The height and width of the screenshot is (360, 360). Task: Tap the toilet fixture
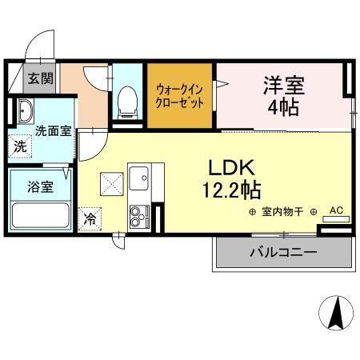point(126,100)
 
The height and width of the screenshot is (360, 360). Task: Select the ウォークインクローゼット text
point(179,97)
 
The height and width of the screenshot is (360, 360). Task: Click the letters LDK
point(231,168)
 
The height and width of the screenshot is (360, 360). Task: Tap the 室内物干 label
point(285,211)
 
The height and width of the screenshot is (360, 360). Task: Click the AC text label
point(336,210)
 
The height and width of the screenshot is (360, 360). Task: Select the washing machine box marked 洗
point(18,147)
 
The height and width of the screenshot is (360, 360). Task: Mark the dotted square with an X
point(111,183)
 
